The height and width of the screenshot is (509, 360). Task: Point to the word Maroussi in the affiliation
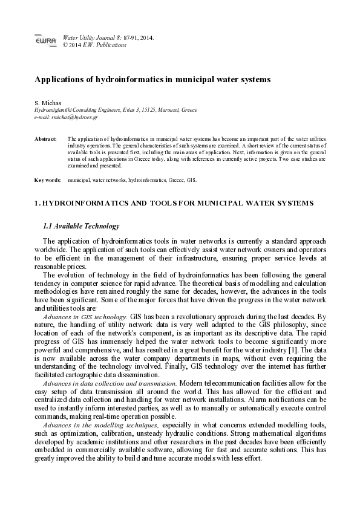click(171, 111)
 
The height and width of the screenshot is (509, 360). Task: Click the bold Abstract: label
click(45, 139)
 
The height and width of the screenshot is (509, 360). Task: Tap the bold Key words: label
click(47, 180)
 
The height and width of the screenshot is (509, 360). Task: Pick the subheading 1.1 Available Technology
click(81, 226)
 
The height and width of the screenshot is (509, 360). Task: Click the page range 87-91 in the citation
click(132, 37)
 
